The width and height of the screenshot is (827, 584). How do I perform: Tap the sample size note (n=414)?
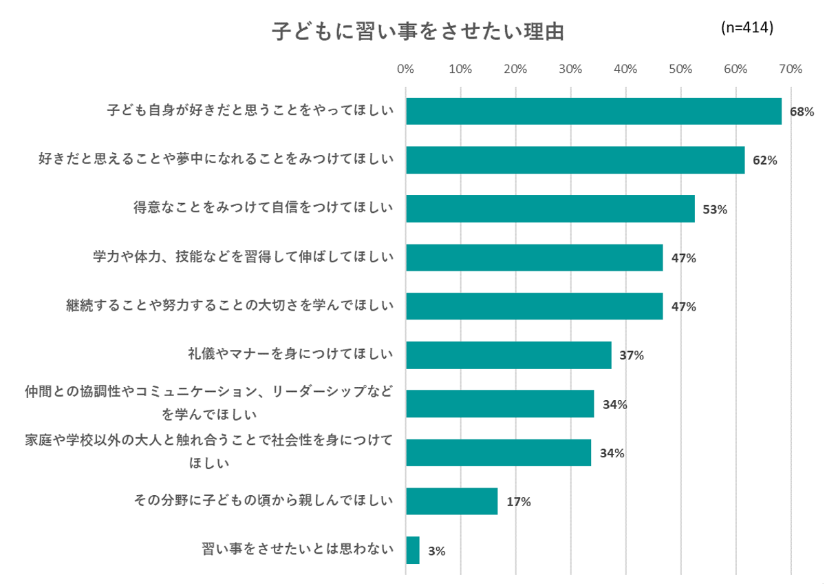[747, 28]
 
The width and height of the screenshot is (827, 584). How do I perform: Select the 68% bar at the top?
[593, 111]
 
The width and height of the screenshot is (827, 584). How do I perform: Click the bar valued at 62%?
[575, 160]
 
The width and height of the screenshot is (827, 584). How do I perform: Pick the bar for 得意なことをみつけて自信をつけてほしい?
[550, 209]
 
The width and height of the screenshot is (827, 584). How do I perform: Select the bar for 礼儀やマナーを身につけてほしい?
[508, 355]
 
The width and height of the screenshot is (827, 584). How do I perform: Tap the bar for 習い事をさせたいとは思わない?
[413, 550]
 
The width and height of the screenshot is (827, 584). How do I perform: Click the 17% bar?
[451, 501]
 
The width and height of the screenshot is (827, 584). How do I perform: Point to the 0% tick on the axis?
[405, 69]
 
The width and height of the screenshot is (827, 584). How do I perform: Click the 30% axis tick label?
[570, 69]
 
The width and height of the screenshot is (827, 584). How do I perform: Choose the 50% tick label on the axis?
[680, 69]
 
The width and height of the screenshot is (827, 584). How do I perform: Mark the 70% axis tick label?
[791, 69]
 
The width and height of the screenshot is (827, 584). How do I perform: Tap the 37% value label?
[632, 356]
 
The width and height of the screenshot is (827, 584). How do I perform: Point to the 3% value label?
[436, 551]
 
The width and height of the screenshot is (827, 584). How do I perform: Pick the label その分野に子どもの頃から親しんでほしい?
[263, 501]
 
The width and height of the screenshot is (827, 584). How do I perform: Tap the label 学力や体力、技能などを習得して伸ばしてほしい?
[243, 257]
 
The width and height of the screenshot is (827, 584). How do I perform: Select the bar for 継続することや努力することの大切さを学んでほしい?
[534, 306]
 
